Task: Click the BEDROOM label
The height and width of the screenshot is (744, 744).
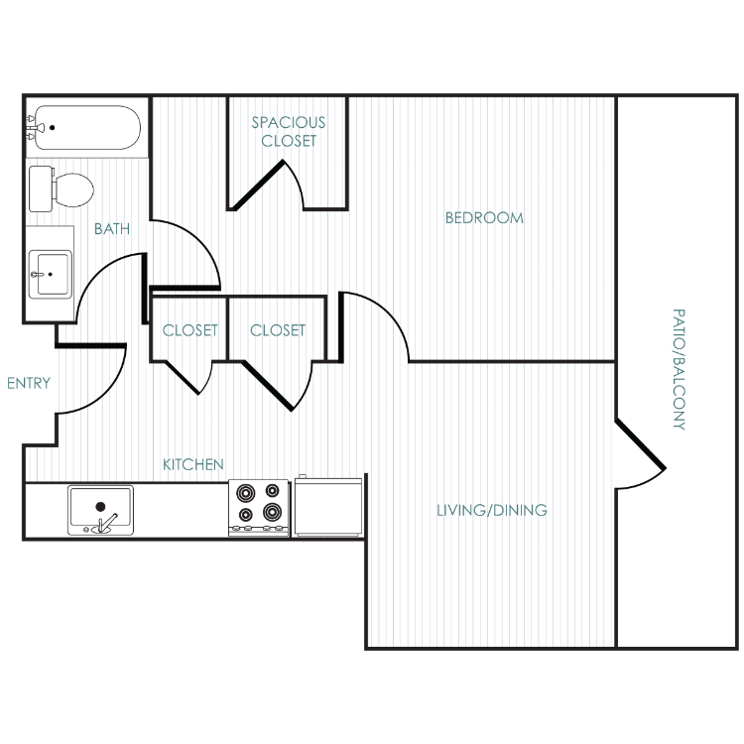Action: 484,218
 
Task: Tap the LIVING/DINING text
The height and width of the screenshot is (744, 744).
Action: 492,510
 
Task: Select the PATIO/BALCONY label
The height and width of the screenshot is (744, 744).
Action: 679,369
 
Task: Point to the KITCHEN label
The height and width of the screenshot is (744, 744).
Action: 193,464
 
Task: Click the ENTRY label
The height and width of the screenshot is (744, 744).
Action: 29,383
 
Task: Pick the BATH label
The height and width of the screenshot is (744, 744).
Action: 112,229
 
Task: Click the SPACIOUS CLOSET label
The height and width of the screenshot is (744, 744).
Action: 289,131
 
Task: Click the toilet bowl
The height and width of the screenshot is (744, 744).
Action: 73,189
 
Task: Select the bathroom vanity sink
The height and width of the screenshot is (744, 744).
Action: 51,274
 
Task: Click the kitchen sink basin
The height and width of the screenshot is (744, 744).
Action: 100,510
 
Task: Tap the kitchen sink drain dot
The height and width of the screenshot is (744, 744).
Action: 100,506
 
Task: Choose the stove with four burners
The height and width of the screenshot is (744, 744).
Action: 259,508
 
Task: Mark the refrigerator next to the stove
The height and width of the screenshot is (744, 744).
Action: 328,506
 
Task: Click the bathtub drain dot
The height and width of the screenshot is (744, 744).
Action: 53,127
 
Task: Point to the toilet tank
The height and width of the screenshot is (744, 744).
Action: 41,188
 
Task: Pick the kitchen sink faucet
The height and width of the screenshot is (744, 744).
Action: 107,523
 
